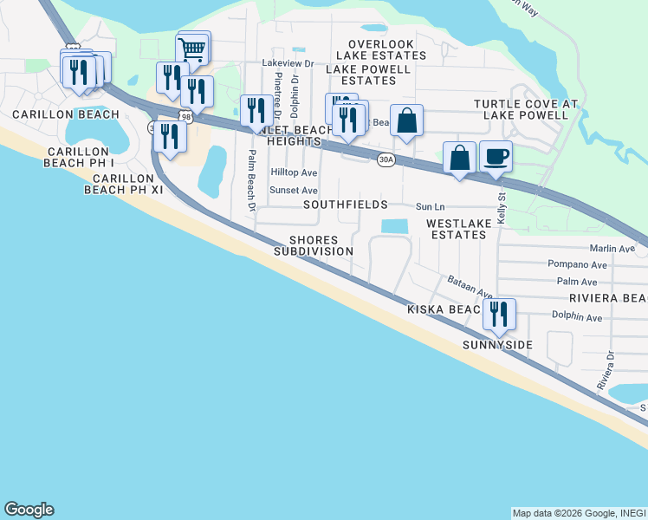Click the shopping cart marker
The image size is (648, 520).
click(193, 49)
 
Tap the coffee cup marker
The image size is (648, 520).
click(496, 157)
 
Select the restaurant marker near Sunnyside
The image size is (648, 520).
click(498, 314)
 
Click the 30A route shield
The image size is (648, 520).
click(386, 159)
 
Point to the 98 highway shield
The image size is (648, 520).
click(186, 115)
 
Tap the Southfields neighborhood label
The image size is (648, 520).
click(345, 205)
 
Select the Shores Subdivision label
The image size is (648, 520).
click(314, 245)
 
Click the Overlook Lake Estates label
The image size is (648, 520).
click(387, 49)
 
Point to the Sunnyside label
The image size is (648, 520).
click(497, 345)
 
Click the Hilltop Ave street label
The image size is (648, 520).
click(294, 172)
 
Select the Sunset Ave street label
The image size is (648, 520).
click(294, 190)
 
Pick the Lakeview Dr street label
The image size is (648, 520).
click(287, 63)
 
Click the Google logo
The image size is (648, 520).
click(29, 510)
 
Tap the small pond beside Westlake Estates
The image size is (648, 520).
click(394, 226)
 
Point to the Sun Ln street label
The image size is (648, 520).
click(430, 207)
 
